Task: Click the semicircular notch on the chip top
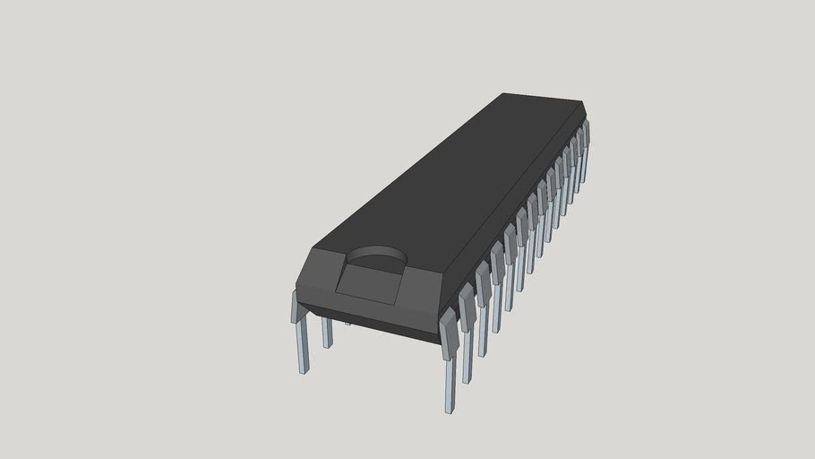(376, 260)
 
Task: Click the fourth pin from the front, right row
(497, 287)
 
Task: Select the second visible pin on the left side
(327, 333)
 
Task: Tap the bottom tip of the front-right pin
(449, 408)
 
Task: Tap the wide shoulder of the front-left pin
(296, 307)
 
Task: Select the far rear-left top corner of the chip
(507, 93)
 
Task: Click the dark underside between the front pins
(385, 323)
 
